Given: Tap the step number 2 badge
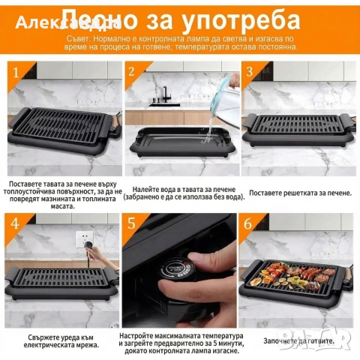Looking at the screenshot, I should [x=132, y=73].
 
